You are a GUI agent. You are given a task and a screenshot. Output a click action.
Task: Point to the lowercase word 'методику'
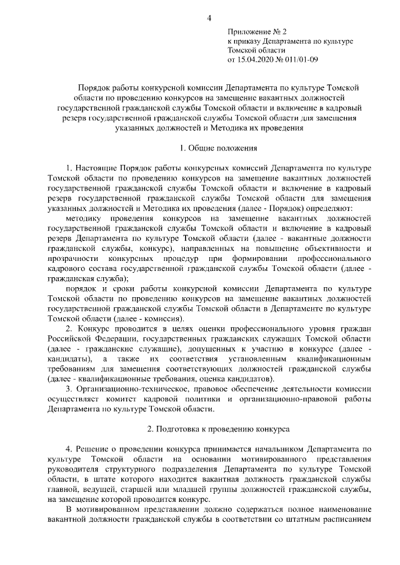click(x=82, y=219)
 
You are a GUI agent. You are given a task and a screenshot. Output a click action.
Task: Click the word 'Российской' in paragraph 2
click(x=69, y=338)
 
